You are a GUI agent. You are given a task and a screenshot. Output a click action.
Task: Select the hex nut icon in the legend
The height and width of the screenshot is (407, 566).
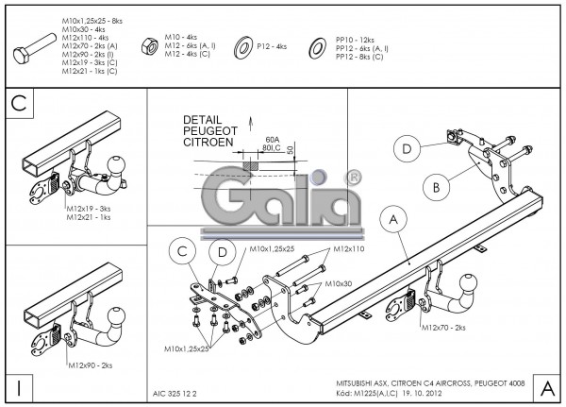pyautogui.click(x=149, y=44)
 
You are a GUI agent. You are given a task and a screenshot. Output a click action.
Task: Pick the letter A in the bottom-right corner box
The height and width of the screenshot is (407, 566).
pyautogui.click(x=546, y=386)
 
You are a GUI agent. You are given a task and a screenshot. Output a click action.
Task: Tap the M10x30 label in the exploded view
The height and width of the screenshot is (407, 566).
pyautogui.click(x=338, y=282)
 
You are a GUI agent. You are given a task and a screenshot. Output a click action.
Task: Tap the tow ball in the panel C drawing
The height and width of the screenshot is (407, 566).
pyautogui.click(x=119, y=166)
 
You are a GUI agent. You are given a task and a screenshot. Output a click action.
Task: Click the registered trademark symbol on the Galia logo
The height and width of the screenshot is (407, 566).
pyautogui.click(x=352, y=177)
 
